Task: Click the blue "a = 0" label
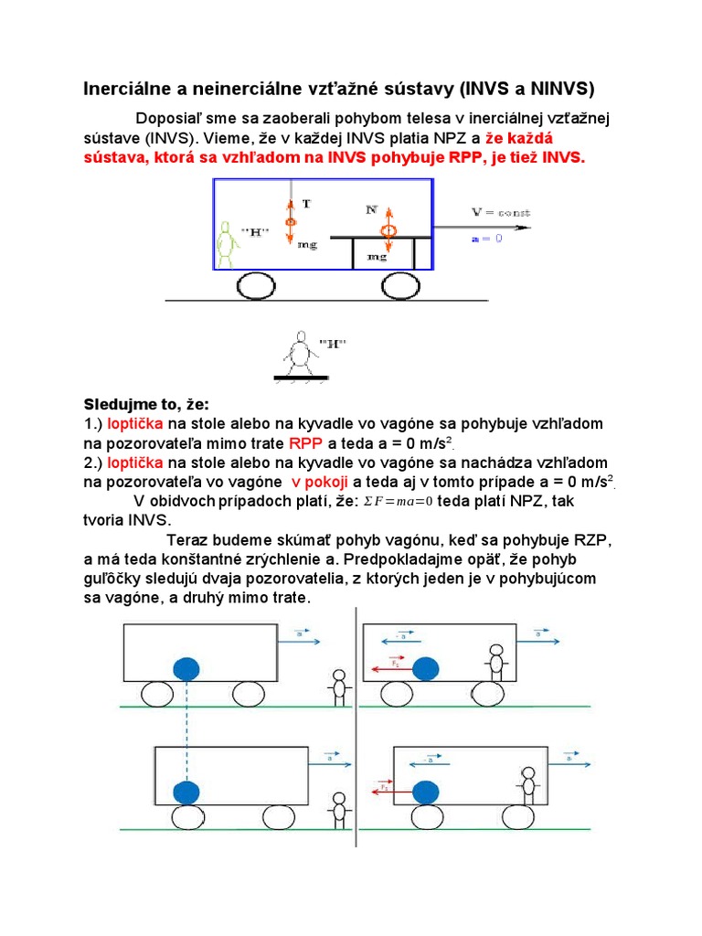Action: [x=486, y=238]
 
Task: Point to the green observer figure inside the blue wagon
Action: [x=228, y=244]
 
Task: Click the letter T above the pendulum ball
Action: [x=306, y=205]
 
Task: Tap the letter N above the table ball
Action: [x=372, y=209]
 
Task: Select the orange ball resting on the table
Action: [x=387, y=229]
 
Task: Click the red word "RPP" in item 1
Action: [x=306, y=443]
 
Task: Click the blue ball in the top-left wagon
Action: [x=187, y=668]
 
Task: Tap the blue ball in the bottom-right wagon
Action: [x=424, y=791]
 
